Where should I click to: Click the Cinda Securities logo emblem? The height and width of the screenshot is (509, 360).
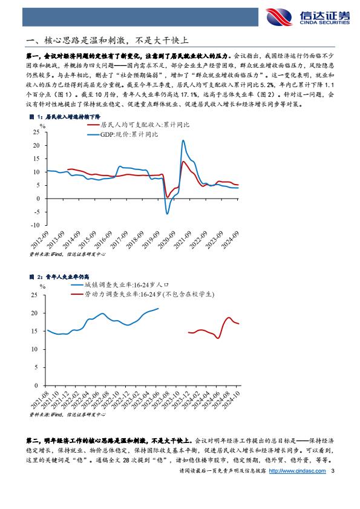coord(279,17)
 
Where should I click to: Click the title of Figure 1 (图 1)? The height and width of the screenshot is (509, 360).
coord(65,117)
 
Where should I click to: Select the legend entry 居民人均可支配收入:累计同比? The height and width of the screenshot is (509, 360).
coord(139,125)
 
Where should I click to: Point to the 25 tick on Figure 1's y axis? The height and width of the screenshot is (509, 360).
coord(36,132)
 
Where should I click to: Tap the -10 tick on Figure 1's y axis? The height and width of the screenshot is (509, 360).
coord(35,225)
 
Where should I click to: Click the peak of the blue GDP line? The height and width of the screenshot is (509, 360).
coord(183,140)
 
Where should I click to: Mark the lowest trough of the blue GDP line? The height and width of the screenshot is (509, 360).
coord(167,214)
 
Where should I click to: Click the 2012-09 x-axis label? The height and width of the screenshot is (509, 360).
coord(39,240)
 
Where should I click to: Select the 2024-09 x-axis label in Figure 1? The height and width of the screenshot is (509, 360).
coord(230,240)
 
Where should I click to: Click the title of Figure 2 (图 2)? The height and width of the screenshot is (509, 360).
coord(59,277)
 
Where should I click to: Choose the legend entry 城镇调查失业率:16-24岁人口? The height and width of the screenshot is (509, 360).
coord(120,284)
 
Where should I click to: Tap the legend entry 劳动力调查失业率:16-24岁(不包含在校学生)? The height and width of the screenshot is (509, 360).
coord(143,294)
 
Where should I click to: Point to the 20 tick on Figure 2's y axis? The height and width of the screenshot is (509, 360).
coord(34,314)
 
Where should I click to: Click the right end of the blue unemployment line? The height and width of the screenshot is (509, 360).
coord(159,309)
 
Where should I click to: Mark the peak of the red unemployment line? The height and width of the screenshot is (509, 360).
coord(229,318)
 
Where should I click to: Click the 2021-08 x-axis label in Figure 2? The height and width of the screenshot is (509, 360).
coord(39,400)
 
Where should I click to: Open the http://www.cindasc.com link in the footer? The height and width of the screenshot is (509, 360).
coord(297,471)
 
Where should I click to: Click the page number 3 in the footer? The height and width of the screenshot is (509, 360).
coord(332,471)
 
